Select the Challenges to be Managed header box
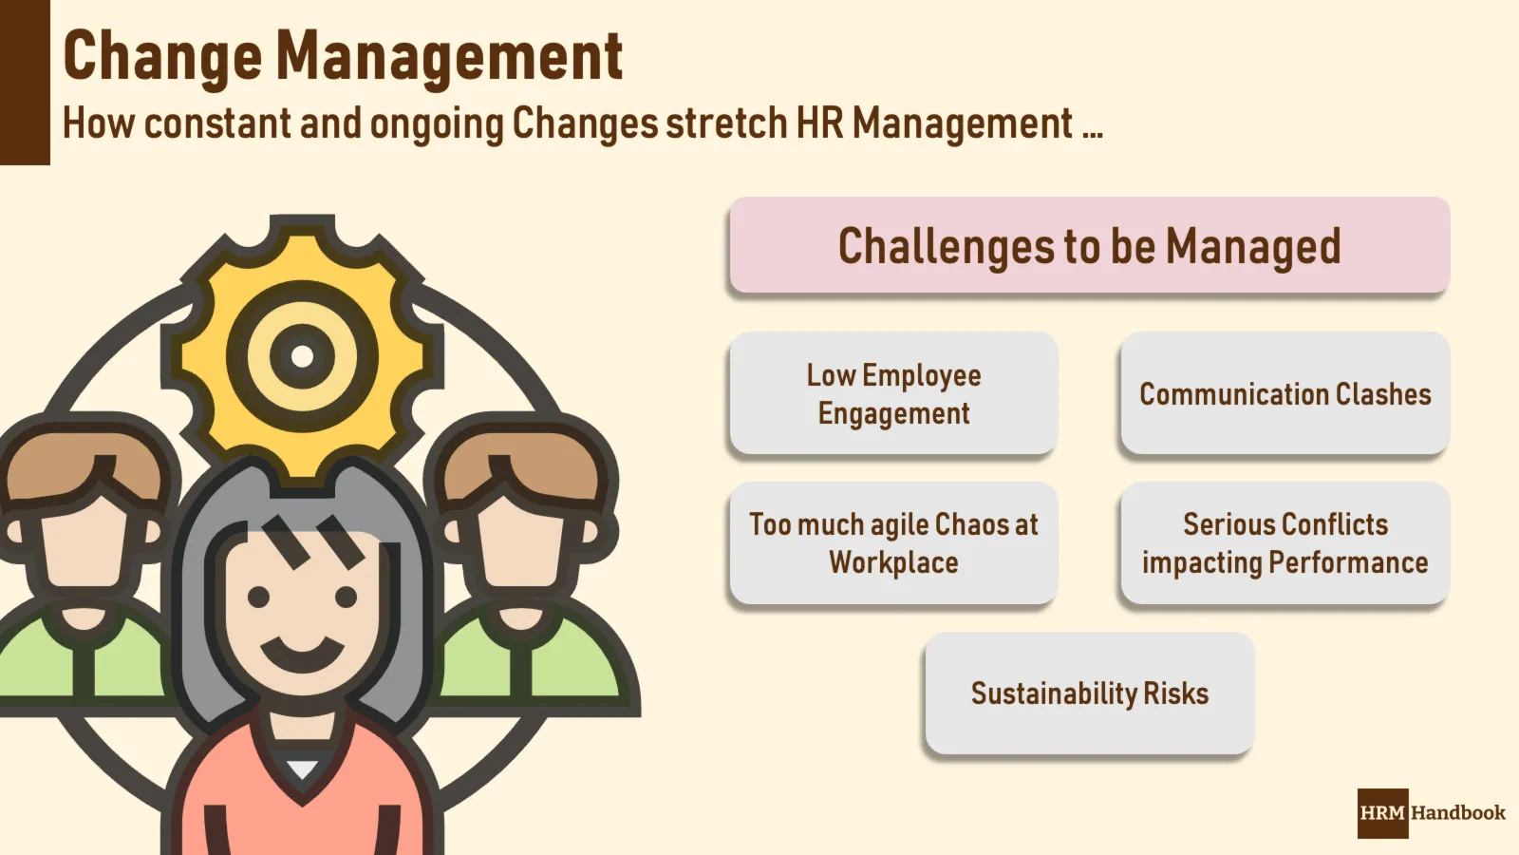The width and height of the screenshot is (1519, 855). point(1090,245)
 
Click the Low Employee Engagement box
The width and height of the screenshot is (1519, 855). point(893,393)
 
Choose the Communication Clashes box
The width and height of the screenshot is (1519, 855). point(1285,393)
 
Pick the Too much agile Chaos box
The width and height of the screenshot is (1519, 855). point(893,542)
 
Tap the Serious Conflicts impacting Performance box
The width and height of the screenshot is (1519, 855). point(1285,542)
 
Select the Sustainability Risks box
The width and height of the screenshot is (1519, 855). point(1090,693)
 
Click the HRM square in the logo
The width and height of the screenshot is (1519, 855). point(1382,813)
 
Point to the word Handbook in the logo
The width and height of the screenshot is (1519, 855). point(1458,813)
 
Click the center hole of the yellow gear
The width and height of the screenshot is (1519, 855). point(302,356)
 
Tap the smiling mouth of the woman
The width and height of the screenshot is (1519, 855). point(303,655)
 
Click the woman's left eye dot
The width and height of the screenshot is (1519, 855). point(258,598)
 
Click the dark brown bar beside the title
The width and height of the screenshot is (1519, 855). point(25,82)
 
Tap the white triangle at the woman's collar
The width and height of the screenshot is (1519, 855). point(302,769)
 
